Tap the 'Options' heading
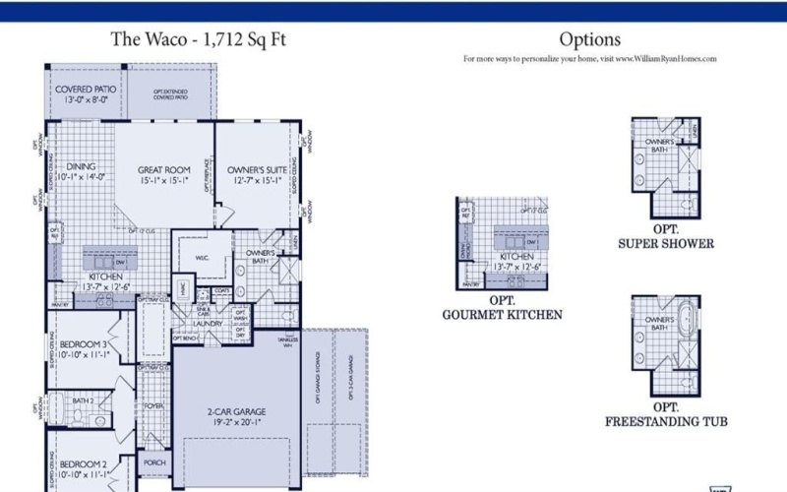point(589,39)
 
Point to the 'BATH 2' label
point(83,401)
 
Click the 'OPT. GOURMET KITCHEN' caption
point(502,308)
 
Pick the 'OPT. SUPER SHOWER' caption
point(666,237)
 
